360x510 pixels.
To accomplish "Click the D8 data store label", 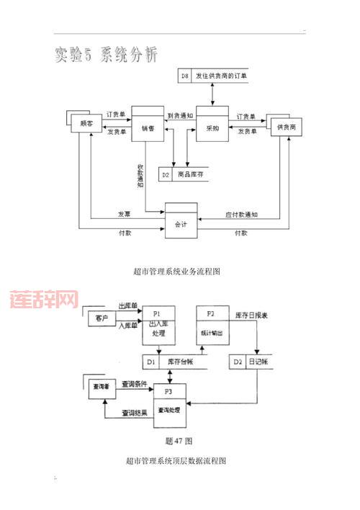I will click(185, 74).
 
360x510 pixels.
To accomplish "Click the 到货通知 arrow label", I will click(180, 115).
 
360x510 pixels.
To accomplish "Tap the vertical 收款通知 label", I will click(140, 176).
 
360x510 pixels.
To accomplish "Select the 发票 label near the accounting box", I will click(124, 214).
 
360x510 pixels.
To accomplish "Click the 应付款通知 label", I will click(241, 214).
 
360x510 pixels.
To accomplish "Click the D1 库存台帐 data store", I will click(173, 361).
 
